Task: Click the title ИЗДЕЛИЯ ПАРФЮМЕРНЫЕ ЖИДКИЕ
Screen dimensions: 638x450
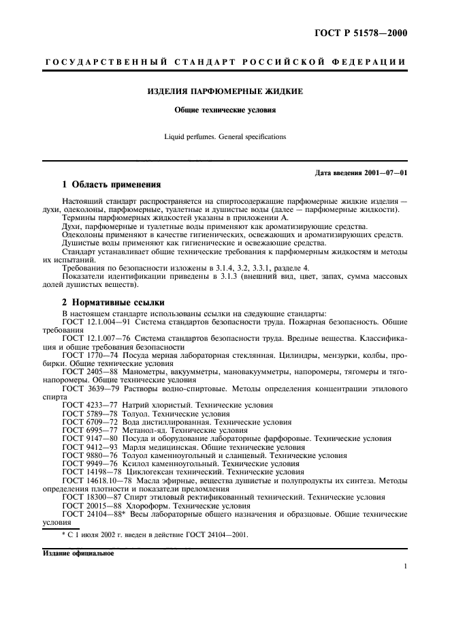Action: click(x=225, y=91)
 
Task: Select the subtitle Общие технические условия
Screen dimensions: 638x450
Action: click(x=225, y=108)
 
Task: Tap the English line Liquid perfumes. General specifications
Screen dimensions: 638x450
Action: click(x=225, y=136)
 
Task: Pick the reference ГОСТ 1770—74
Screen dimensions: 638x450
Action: click(x=88, y=356)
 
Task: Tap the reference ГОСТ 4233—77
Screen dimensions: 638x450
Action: click(x=88, y=404)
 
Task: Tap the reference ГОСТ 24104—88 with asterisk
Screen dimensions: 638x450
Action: click(x=91, y=515)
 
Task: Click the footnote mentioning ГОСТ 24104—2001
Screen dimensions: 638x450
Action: click(x=155, y=535)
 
